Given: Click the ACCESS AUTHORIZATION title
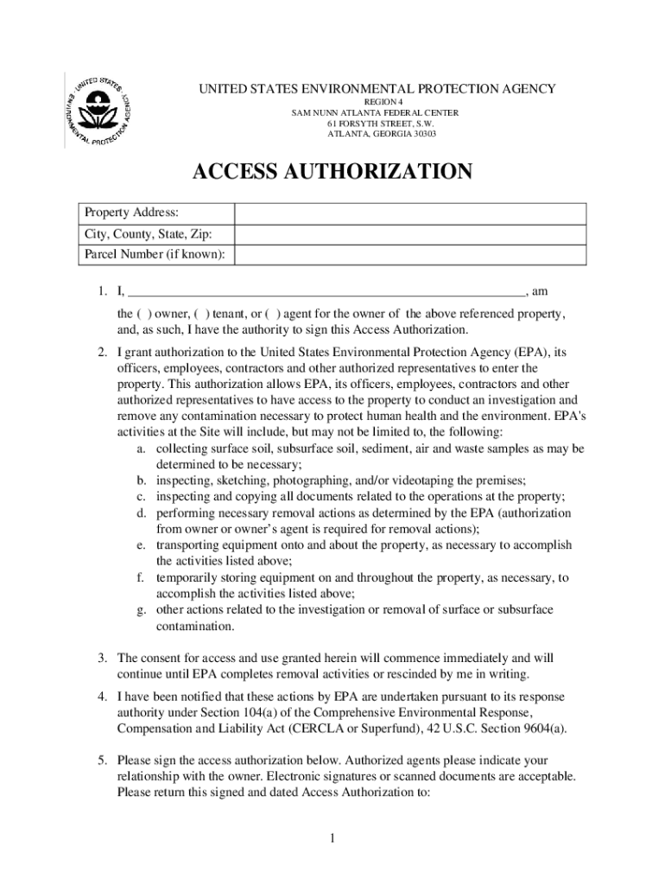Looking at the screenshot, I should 332,172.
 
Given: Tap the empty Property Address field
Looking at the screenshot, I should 410,213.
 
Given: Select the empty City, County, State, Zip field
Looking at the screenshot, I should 410,234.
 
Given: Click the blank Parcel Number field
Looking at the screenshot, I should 410,255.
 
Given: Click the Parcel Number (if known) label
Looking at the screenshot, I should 155,255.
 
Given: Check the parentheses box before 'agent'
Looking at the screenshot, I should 272,314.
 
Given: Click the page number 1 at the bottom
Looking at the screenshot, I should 332,839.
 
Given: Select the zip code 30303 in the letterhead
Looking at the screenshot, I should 422,134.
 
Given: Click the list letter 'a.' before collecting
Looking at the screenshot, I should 141,449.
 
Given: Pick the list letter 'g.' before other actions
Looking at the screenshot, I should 141,609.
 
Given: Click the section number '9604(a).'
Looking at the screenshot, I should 541,729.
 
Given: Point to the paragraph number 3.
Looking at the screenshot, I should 101,658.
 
